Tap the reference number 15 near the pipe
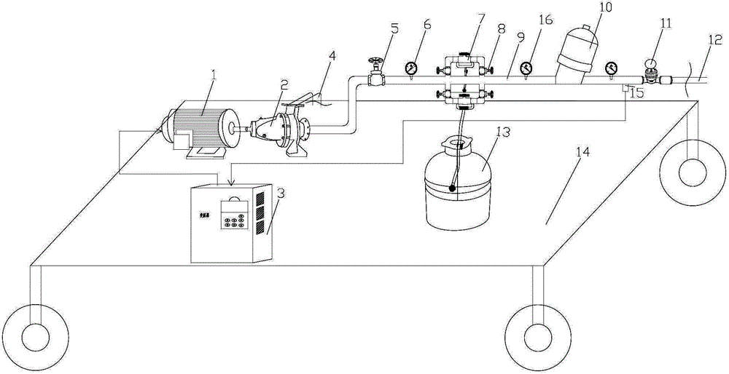click(x=637, y=92)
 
